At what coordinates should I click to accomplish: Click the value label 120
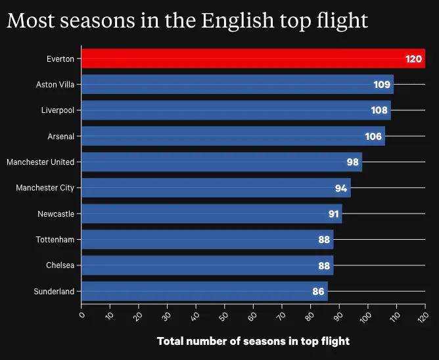413,59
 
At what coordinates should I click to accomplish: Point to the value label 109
382,85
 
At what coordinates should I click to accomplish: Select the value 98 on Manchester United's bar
353,162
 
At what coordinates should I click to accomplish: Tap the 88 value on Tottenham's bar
324,240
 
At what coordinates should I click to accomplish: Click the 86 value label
318,292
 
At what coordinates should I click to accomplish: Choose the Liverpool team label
57,110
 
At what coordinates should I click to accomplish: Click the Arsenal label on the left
60,136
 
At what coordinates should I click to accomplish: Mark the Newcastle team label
56,214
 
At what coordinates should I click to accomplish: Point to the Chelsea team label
60,265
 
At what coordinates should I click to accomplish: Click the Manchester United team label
40,162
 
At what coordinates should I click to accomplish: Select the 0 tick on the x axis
81,315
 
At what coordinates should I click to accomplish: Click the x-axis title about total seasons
253,342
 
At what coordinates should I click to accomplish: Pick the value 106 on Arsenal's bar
373,137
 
